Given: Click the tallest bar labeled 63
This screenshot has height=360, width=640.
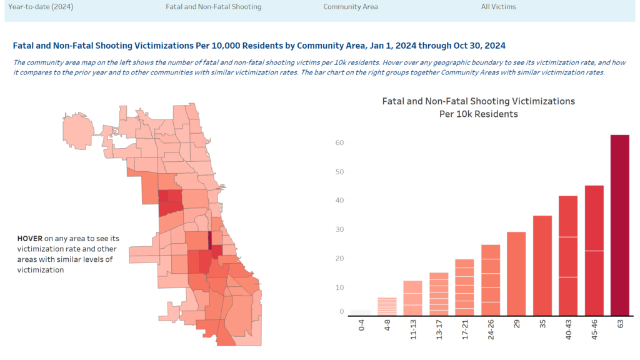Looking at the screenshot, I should pos(619,225).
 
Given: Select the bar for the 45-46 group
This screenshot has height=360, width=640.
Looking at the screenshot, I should pos(594,250).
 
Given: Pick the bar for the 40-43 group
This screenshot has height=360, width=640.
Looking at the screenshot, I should pos(568,256).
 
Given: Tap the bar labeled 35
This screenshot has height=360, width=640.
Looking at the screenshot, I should pos(542,265).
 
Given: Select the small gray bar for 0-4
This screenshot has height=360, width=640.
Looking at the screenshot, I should pos(361,312).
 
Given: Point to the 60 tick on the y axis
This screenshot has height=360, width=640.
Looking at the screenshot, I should pos(339,142).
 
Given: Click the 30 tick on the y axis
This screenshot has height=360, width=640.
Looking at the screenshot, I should pos(339,229).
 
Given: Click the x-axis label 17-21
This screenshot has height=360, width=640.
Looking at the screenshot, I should pos(465,329).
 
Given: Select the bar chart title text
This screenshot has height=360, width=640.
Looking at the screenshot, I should pos(478,107).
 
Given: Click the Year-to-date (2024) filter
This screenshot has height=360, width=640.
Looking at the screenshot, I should pos(39,7).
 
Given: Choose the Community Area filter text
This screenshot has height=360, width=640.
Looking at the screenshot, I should pos(350,7).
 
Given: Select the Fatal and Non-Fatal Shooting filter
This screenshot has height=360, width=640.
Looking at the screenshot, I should pos(213,7).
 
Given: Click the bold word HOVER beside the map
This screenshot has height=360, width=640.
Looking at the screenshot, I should pos(29,239).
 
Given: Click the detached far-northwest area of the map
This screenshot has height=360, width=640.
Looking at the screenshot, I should pos(78,128).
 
